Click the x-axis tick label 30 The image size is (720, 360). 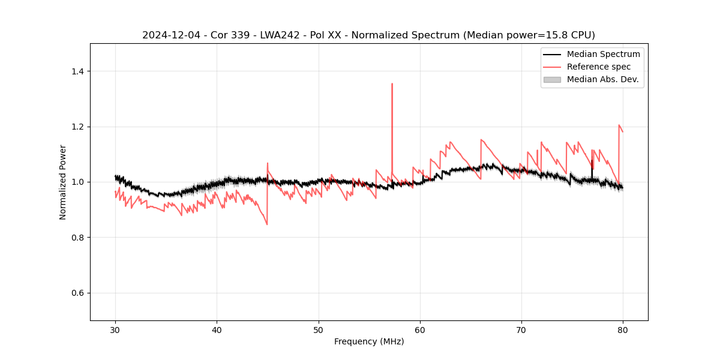point(115,329)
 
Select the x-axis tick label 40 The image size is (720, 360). point(217,329)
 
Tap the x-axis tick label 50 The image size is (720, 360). point(319,329)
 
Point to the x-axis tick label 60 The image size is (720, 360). point(420,329)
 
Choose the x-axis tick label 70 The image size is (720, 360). point(521,329)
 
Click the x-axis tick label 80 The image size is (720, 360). point(623,329)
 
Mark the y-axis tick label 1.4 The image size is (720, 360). point(77,71)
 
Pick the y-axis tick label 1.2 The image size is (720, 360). point(77,127)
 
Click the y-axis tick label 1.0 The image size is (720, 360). point(77,182)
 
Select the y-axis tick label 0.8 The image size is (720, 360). point(77,238)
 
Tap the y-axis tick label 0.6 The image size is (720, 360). point(77,293)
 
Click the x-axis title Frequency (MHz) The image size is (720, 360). point(369,341)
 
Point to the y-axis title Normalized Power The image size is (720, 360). point(62,182)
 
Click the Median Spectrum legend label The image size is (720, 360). point(603,54)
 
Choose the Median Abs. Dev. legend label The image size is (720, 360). point(603,79)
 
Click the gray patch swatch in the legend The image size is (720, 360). point(552,79)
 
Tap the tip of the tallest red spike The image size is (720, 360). point(392,84)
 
